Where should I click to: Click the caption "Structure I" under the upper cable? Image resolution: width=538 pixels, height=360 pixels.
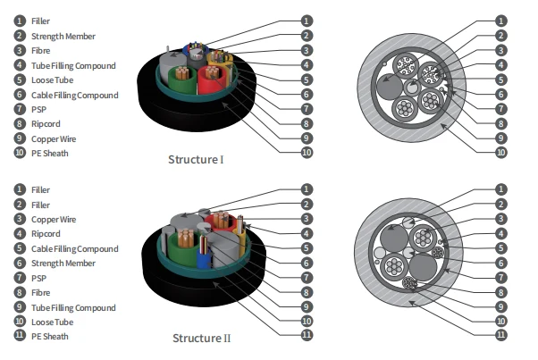coord(196,160)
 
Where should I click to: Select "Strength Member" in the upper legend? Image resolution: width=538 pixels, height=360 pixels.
coord(63,37)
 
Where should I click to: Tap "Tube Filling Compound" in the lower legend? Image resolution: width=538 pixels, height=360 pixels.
coord(74,307)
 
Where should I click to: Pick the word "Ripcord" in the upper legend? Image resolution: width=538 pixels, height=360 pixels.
coord(46,124)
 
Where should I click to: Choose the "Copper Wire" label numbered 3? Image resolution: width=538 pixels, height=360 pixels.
coord(54,219)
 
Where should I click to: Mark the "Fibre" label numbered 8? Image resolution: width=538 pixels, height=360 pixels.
coord(42,293)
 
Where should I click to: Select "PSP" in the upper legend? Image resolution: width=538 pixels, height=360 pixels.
coord(40,110)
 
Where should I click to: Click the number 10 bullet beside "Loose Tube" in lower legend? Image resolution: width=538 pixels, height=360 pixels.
coord(19,322)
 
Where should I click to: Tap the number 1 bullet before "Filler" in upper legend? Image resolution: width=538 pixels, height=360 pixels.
coord(19,20)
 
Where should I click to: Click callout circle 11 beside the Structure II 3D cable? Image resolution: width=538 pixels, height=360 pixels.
coord(306,335)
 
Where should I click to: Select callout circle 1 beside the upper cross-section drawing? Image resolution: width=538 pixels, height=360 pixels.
coord(500,20)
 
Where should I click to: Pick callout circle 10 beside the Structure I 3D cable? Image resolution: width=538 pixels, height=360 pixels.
coord(306,153)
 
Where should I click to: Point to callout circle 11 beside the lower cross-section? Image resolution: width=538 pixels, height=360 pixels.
coord(500,335)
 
